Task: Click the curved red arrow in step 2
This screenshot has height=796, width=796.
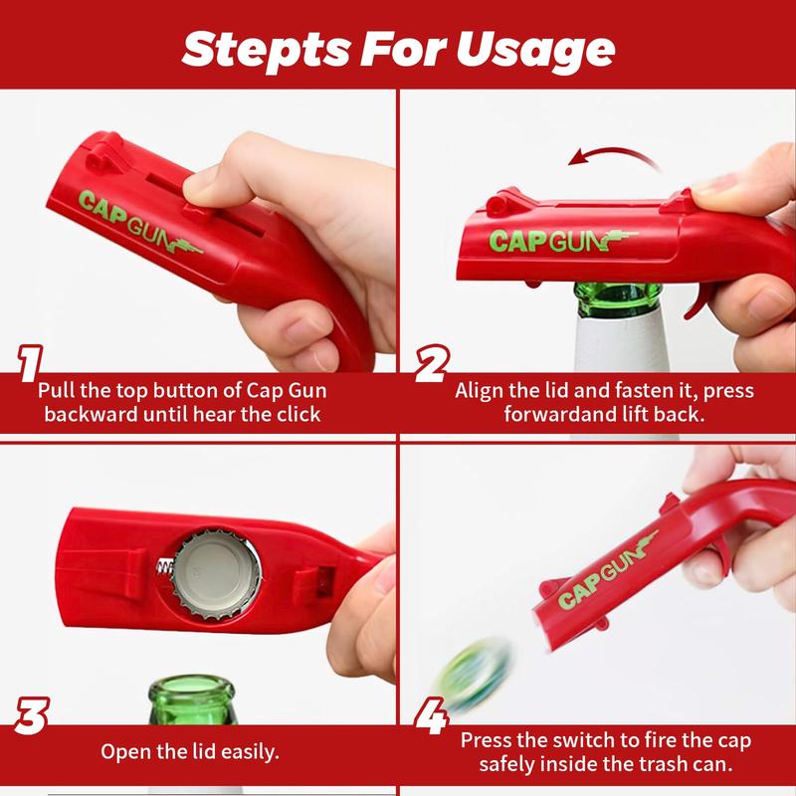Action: coord(606,157)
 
